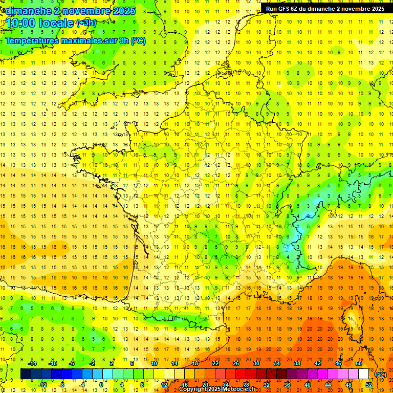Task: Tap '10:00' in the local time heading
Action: click(x=20, y=23)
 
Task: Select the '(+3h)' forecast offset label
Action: click(x=85, y=23)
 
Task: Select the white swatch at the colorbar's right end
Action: click(x=364, y=374)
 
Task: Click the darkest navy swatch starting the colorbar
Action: click(x=26, y=374)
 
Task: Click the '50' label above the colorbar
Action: click(x=358, y=363)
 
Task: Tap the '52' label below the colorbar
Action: click(x=368, y=384)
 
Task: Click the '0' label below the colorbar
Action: click(x=102, y=384)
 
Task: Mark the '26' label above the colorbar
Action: click(x=236, y=363)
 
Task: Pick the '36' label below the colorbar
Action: click(x=287, y=384)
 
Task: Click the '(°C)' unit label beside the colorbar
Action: click(x=381, y=374)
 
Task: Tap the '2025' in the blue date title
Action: click(x=123, y=10)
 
